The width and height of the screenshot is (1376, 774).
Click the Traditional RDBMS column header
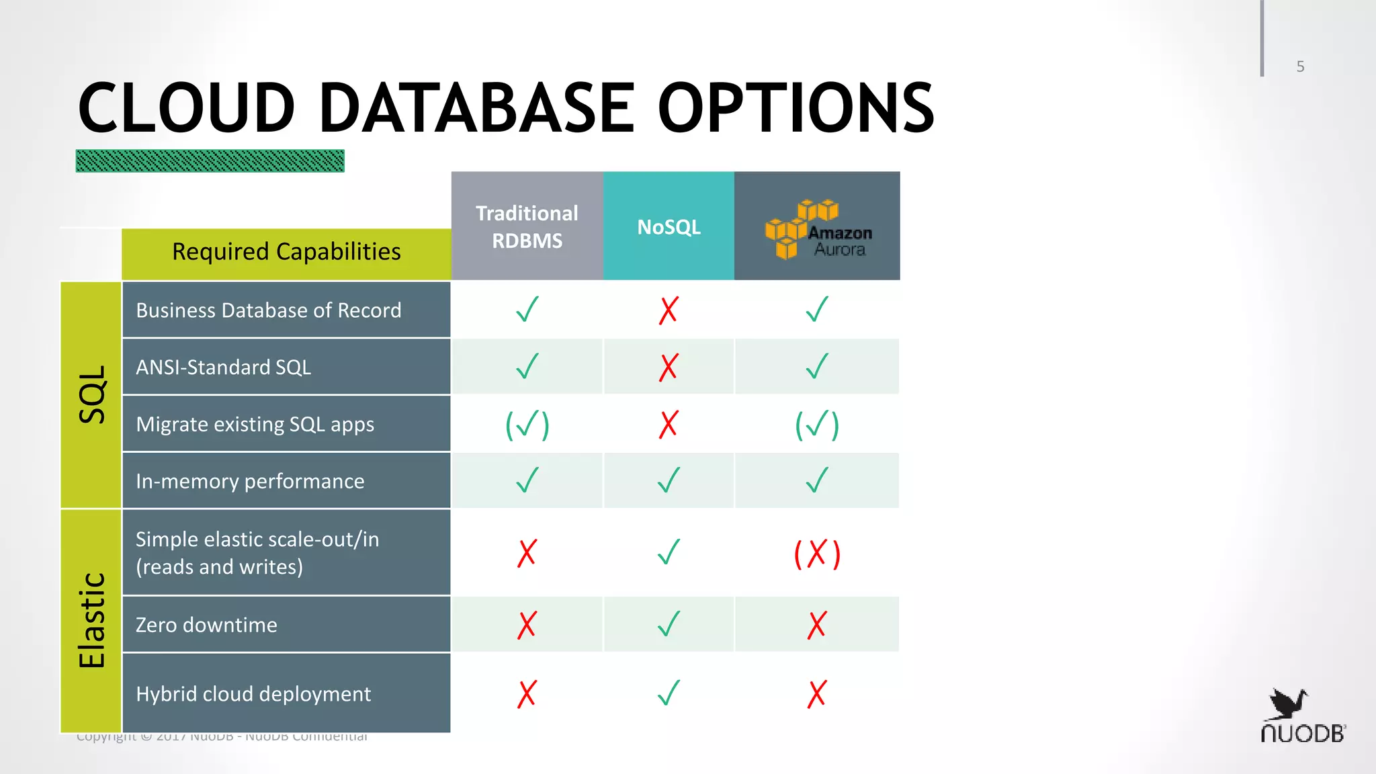[x=527, y=226]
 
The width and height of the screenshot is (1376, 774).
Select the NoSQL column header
[x=669, y=226]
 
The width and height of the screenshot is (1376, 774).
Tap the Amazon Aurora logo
[x=818, y=228]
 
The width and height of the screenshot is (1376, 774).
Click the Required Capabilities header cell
[x=286, y=252]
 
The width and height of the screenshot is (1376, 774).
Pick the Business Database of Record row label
[x=269, y=310]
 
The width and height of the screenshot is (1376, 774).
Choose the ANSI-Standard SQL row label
[x=224, y=368]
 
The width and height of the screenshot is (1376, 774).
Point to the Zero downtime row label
[x=206, y=625]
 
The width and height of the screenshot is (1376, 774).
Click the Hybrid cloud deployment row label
[x=253, y=694]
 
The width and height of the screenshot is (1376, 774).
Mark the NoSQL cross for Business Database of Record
[x=669, y=310]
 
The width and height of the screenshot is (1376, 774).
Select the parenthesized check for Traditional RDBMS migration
[x=527, y=425]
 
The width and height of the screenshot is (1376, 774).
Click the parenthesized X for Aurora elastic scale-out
[x=817, y=554]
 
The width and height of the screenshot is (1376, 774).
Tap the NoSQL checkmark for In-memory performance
[x=669, y=480]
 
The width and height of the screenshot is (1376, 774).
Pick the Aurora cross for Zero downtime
[x=817, y=625]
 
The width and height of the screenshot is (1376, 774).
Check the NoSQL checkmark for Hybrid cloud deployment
[x=669, y=693]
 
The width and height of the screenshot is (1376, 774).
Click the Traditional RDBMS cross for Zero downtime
[x=527, y=625]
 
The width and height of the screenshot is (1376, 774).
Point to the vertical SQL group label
[x=92, y=394]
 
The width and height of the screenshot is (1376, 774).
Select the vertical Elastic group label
[x=92, y=620]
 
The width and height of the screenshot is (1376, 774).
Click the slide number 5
[x=1300, y=67]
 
